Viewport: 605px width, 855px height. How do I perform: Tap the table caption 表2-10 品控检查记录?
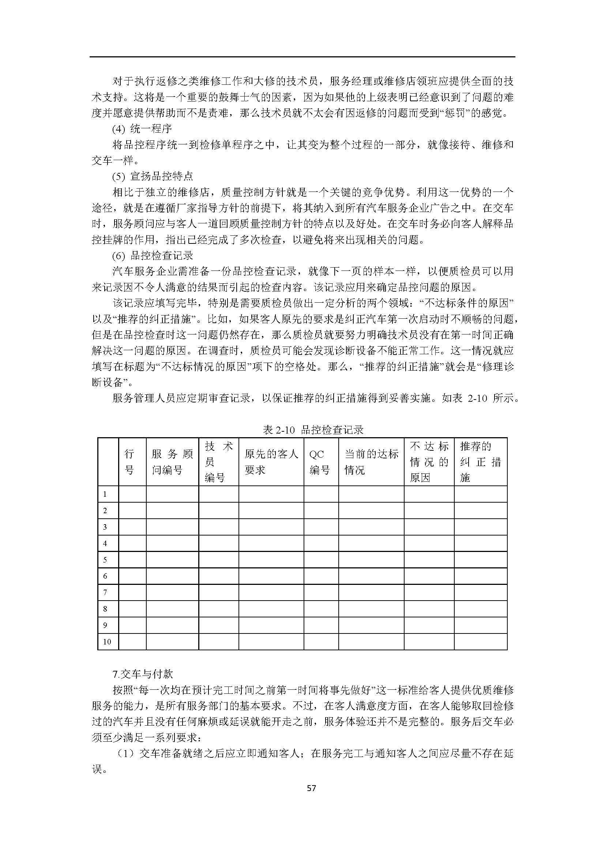[313, 430]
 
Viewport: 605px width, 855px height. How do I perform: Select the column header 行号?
[129, 462]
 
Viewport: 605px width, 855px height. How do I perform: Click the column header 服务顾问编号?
[172, 462]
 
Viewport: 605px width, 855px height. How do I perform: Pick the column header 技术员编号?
[218, 462]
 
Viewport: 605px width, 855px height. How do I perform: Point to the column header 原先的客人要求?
[271, 462]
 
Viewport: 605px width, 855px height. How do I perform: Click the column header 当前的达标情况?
[371, 462]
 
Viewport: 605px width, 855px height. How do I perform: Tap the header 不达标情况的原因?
[429, 462]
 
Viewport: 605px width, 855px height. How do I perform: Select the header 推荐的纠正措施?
[481, 462]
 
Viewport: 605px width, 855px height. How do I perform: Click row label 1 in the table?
[105, 494]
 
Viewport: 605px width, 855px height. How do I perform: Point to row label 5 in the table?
[105, 560]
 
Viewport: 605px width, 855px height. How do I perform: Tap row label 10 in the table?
[107, 642]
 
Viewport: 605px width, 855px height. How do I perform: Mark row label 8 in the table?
[105, 609]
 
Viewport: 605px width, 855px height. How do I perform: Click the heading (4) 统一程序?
[142, 129]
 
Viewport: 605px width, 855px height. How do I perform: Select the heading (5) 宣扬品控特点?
[153, 176]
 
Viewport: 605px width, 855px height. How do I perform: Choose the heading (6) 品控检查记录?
[153, 256]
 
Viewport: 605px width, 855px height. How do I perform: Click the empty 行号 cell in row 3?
[132, 527]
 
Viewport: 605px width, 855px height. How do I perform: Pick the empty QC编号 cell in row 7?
[321, 593]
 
